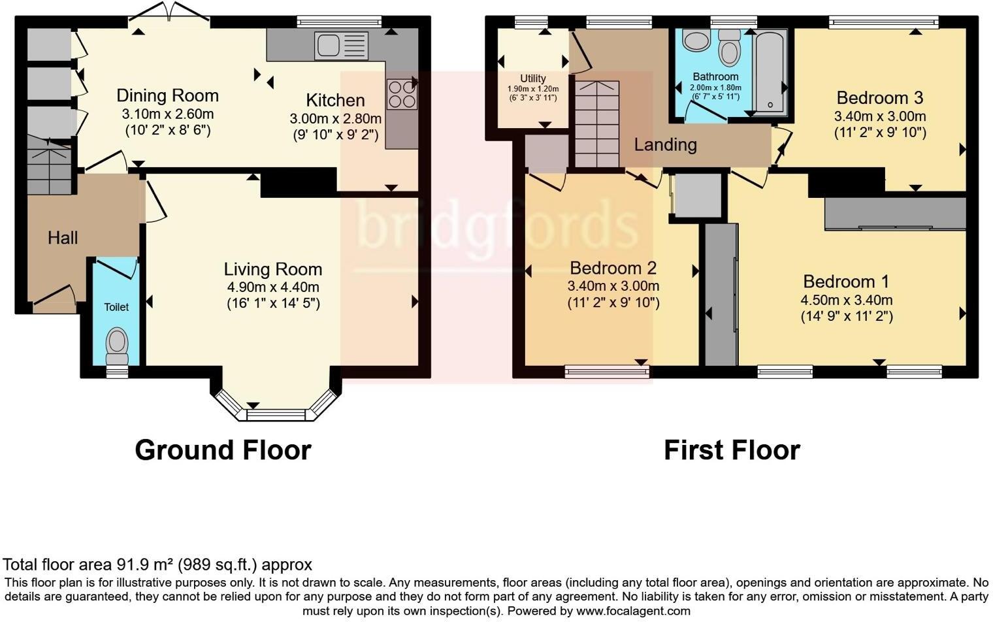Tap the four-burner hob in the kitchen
tap(401, 94)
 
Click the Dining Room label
tap(167, 96)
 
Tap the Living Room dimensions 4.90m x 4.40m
tap(273, 287)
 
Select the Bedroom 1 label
tap(846, 282)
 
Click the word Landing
tap(665, 144)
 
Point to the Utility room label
tap(533, 78)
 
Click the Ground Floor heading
tap(223, 450)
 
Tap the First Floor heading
tap(732, 450)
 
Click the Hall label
tap(63, 238)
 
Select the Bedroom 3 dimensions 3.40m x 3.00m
tap(880, 117)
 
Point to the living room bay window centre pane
tap(276, 414)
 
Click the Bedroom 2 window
tap(607, 372)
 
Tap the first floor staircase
tap(596, 124)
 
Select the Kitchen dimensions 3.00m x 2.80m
tap(336, 120)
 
